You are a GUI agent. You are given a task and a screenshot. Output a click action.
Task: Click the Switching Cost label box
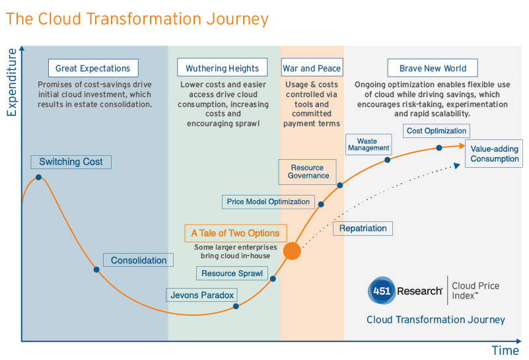(x=71, y=162)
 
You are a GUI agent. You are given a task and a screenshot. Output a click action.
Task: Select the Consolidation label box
(x=139, y=260)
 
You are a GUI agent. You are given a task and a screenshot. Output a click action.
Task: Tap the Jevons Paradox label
(x=202, y=295)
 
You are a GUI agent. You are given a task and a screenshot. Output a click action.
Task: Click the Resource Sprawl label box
(x=232, y=273)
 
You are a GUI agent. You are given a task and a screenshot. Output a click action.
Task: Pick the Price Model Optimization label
(x=268, y=201)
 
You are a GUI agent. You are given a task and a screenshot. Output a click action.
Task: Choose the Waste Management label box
(x=368, y=145)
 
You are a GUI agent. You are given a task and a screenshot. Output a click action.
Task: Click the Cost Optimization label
(x=437, y=131)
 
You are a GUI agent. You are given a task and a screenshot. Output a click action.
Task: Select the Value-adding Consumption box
(x=495, y=154)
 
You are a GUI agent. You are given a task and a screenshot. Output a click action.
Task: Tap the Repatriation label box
(x=363, y=229)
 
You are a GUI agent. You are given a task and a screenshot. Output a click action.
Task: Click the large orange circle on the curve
(x=292, y=251)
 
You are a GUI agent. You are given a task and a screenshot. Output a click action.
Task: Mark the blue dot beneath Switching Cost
(x=38, y=177)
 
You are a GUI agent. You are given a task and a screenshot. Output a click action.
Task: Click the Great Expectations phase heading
(x=92, y=68)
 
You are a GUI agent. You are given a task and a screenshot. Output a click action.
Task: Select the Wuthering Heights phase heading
(x=222, y=68)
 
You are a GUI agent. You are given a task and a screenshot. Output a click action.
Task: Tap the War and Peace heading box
(x=312, y=68)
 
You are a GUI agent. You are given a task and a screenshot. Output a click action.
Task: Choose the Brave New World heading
(x=433, y=68)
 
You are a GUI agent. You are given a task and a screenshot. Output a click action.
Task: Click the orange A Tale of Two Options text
(x=235, y=233)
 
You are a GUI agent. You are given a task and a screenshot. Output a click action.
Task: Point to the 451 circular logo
(x=381, y=290)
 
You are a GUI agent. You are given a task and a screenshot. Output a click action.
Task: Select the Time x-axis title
(x=506, y=350)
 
